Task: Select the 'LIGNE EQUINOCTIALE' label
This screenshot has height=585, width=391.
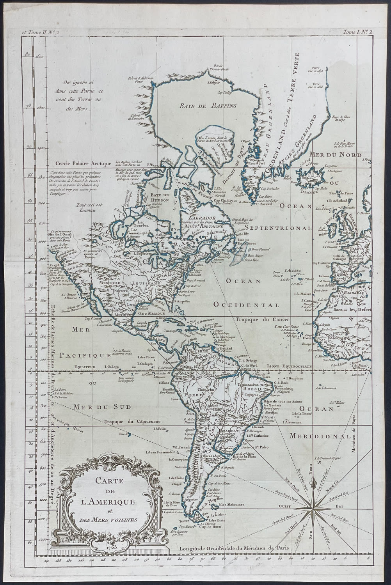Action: pos(289,367)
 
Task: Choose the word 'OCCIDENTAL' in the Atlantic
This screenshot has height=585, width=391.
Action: pos(246,305)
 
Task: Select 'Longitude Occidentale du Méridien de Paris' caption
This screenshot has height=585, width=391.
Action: pos(234,548)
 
